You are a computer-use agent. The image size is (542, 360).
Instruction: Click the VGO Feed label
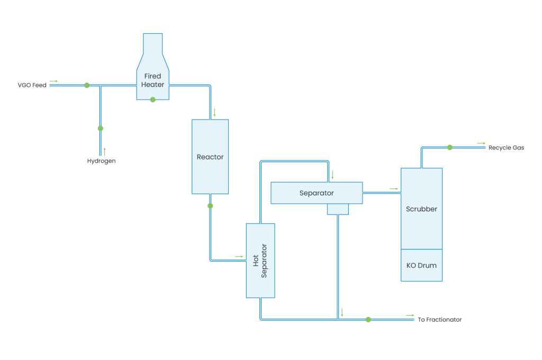click(x=32, y=85)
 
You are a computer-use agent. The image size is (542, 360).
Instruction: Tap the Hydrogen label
click(x=101, y=161)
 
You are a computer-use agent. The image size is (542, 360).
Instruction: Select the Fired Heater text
click(x=152, y=80)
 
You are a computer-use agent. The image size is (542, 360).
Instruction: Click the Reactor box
click(x=210, y=157)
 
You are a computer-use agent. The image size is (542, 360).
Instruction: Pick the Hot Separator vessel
click(x=260, y=260)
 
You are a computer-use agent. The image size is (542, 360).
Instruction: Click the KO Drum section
click(x=421, y=265)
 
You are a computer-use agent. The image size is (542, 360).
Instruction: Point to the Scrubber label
click(x=421, y=209)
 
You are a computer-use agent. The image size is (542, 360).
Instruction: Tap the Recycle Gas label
click(x=506, y=148)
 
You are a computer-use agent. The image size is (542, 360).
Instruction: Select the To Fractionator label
click(x=439, y=320)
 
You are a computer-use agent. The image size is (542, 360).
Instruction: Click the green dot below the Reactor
click(x=210, y=205)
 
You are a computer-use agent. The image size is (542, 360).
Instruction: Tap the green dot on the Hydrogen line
click(x=101, y=128)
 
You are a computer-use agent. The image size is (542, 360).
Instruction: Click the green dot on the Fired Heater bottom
click(x=153, y=100)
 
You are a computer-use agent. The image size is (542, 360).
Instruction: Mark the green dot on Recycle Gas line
click(x=449, y=148)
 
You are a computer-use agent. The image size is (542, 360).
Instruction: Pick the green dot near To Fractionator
click(x=368, y=319)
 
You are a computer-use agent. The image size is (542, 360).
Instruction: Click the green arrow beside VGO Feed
click(x=54, y=82)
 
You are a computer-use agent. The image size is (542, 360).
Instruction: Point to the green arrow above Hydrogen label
click(x=105, y=150)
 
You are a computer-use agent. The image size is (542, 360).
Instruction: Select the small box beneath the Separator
click(x=338, y=209)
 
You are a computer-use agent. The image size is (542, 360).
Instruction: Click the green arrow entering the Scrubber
click(x=394, y=188)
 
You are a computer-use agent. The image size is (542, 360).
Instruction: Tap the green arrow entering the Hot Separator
click(x=239, y=257)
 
